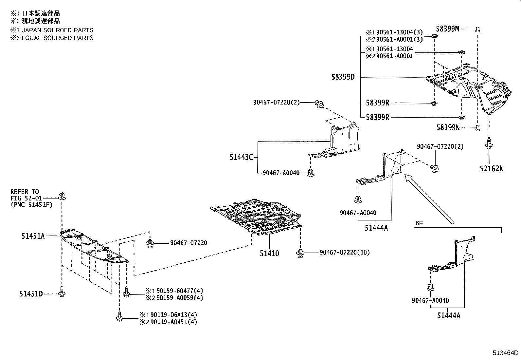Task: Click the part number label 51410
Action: (x=269, y=253)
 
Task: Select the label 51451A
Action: (x=33, y=236)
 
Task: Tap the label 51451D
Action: (x=31, y=294)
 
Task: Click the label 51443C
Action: (x=241, y=158)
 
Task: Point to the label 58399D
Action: (x=343, y=77)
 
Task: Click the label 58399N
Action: (x=448, y=127)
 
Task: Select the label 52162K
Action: (x=492, y=169)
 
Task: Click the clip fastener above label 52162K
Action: (x=489, y=144)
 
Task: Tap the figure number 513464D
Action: (x=506, y=353)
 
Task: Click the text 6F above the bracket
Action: (x=419, y=223)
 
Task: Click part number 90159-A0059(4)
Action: (x=175, y=298)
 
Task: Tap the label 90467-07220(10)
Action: (x=345, y=252)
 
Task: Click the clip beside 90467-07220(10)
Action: (x=300, y=253)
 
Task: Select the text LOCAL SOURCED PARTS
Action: (x=58, y=38)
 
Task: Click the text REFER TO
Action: (x=24, y=192)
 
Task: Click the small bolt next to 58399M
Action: (x=477, y=29)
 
